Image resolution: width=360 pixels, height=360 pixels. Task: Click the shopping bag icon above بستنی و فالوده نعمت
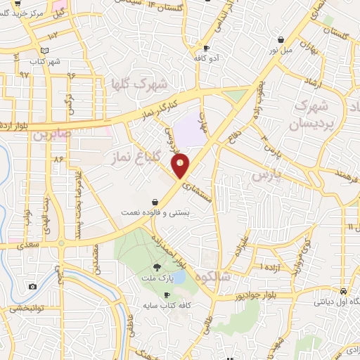click(154, 202)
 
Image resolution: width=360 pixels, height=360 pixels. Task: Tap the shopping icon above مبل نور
click(281, 39)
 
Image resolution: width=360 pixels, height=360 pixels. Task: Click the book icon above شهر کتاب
click(45, 51)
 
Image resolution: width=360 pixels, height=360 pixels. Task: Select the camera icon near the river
click(32, 286)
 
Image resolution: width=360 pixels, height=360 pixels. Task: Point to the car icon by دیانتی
click(342, 291)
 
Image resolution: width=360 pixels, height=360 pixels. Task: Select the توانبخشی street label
click(28, 308)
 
